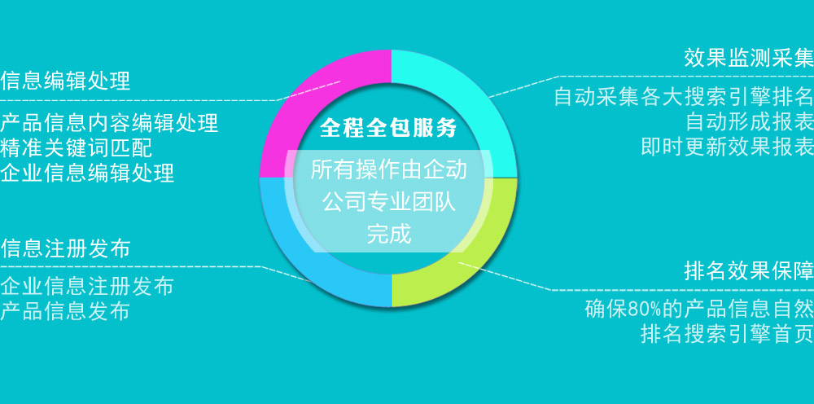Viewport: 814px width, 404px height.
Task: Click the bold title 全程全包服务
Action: point(388,128)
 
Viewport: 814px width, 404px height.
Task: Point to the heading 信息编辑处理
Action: point(65,81)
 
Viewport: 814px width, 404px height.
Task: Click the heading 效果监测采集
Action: point(749,58)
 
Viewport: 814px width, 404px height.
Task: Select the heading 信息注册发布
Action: point(65,248)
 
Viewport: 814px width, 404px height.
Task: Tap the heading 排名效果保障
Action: point(749,270)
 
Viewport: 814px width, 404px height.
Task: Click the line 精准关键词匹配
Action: point(77,148)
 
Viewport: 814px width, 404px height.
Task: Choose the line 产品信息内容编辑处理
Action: point(109,123)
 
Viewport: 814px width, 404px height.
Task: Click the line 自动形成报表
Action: point(750,121)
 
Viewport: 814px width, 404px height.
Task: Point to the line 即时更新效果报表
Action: point(727,147)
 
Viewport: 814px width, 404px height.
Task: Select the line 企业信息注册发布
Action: point(87,286)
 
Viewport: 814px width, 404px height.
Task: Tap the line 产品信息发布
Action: point(65,311)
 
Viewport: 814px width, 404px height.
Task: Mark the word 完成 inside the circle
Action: point(389,235)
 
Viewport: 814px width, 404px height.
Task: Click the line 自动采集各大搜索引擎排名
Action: point(684,97)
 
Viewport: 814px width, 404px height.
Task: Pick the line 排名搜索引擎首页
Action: point(727,333)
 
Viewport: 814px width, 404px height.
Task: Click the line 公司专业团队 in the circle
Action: point(389,202)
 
